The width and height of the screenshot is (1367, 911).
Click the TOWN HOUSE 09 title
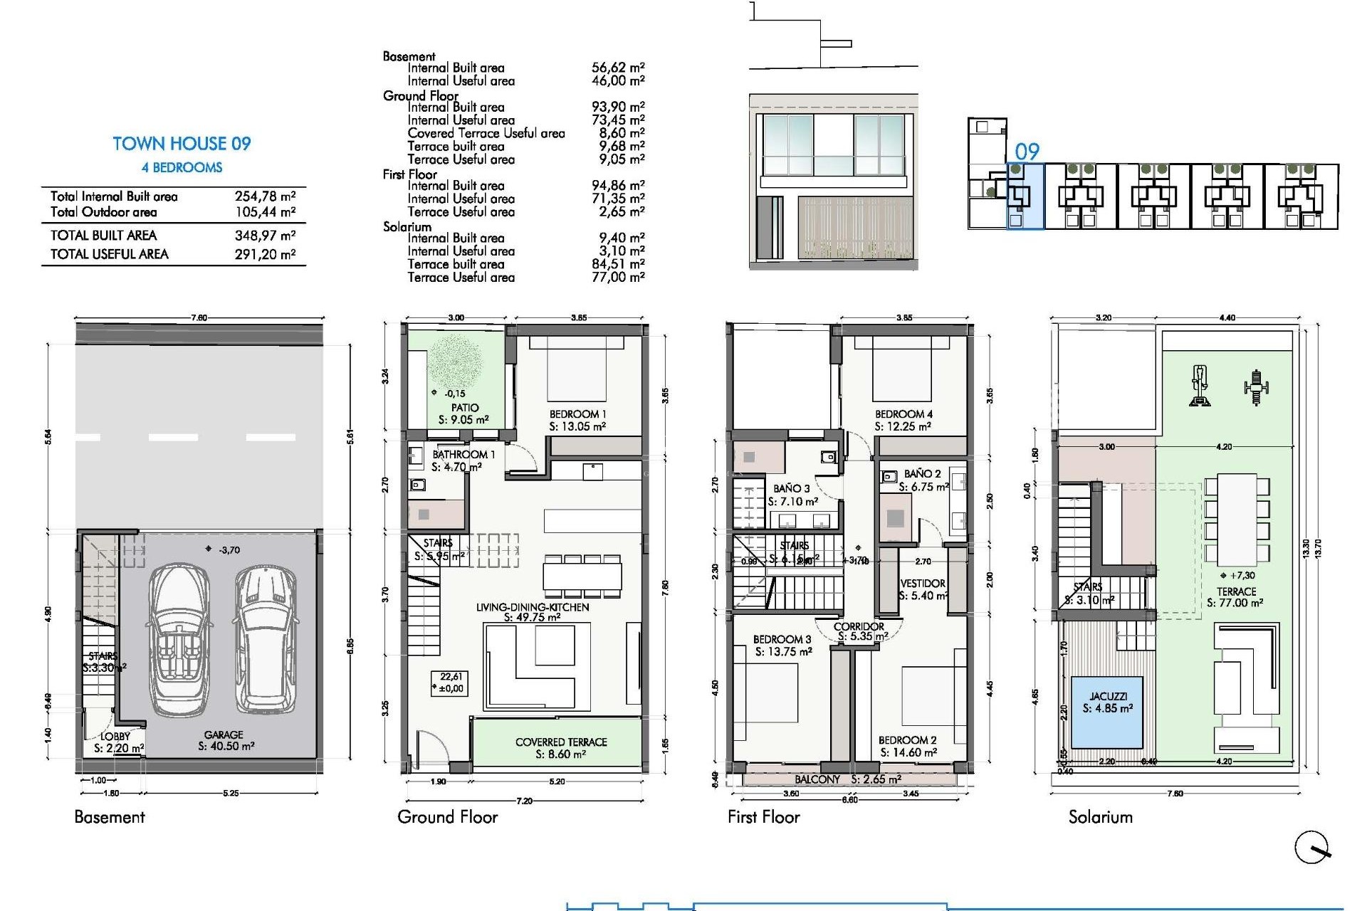[182, 144]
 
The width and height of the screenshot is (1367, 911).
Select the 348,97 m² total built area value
[265, 236]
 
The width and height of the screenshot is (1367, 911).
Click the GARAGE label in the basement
[224, 734]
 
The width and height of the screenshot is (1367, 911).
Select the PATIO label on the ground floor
[464, 408]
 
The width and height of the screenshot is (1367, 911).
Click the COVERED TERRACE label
[561, 742]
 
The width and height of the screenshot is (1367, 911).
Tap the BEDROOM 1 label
[577, 414]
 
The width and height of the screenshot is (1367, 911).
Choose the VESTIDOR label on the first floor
[923, 584]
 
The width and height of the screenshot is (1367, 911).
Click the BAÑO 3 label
[792, 489]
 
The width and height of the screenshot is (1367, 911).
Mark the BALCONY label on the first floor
[817, 779]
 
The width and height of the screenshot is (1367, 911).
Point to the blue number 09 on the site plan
[1027, 152]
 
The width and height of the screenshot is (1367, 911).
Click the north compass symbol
[1311, 847]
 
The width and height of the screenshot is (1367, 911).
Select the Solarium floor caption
[1100, 817]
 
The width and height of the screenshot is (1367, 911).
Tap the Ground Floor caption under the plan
[447, 817]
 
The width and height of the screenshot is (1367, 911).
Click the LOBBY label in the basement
[115, 737]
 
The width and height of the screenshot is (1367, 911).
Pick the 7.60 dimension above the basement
[199, 318]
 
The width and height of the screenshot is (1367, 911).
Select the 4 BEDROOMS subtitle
[182, 168]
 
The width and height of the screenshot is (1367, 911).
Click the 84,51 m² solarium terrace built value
[617, 264]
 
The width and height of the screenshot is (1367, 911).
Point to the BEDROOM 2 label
[907, 740]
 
